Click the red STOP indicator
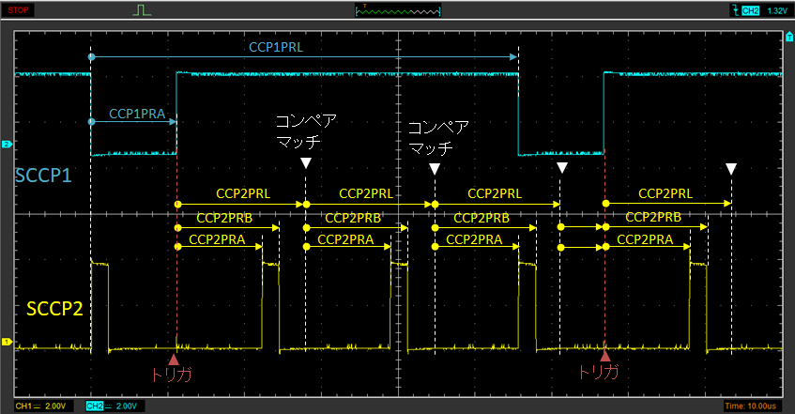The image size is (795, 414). (18, 9)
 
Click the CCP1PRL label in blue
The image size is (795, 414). (276, 47)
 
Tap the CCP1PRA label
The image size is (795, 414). (137, 114)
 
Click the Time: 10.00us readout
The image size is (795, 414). (750, 406)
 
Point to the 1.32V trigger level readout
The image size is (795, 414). (776, 10)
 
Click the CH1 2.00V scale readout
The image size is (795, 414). (41, 406)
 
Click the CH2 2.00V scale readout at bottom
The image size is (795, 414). (114, 406)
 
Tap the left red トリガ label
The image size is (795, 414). (172, 373)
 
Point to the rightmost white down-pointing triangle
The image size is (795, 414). (731, 169)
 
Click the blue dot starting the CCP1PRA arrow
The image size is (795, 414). (91, 122)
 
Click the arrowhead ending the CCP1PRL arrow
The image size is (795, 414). (513, 57)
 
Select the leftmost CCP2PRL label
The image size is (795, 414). (243, 194)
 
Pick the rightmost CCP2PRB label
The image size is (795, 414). (653, 217)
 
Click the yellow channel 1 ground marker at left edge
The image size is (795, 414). (7, 342)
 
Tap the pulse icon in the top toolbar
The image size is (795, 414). (142, 10)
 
